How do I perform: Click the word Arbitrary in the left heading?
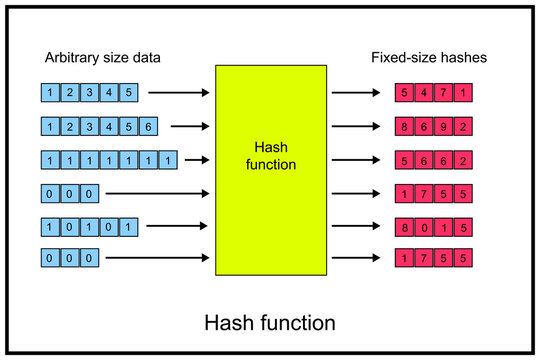point(68,58)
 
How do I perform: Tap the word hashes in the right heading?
point(464,58)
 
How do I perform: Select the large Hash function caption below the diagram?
point(270,323)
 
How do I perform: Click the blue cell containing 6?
point(147,127)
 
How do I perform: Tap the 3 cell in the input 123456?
point(88,127)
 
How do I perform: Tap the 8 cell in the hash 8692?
point(405,127)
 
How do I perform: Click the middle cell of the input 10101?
point(88,225)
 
